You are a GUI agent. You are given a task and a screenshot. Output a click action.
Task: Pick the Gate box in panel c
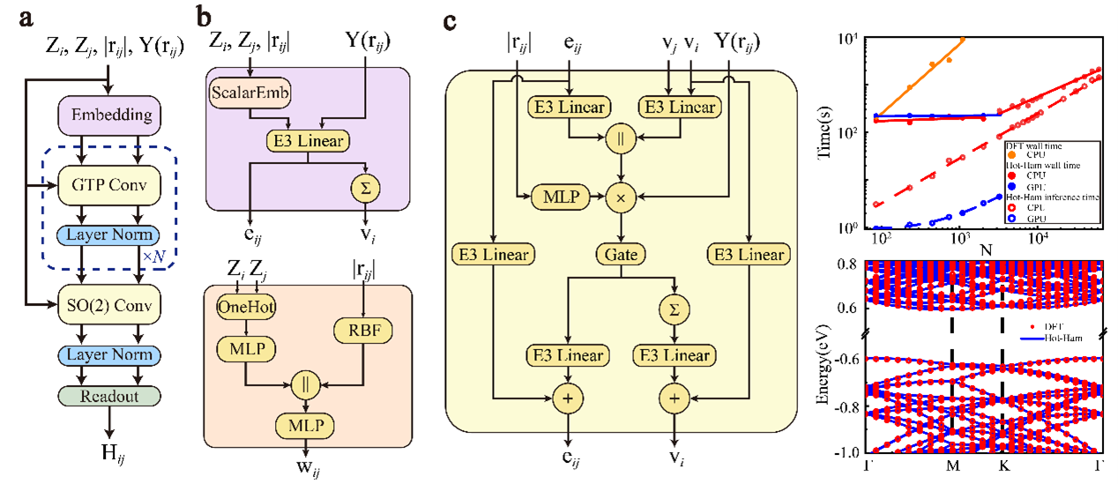622,255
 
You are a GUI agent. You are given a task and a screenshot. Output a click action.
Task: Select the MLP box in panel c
558,197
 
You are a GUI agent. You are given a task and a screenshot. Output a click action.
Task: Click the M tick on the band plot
952,467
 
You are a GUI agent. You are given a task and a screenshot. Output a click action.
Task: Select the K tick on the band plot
1002,467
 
